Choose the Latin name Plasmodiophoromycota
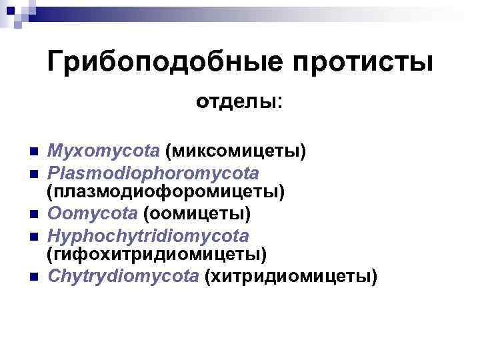pos(153,173)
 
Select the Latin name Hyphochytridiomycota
pos(148,235)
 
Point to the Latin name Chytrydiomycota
pos(123,276)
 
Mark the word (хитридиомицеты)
pos(291,276)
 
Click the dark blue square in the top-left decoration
pos(11,11)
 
